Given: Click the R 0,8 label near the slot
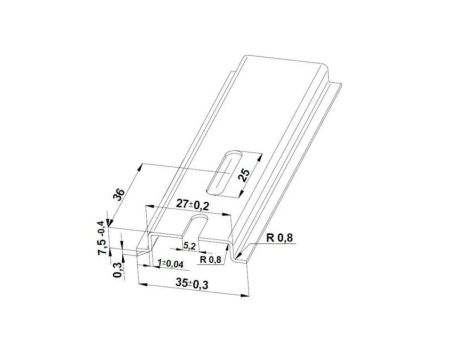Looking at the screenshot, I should pos(211,258).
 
